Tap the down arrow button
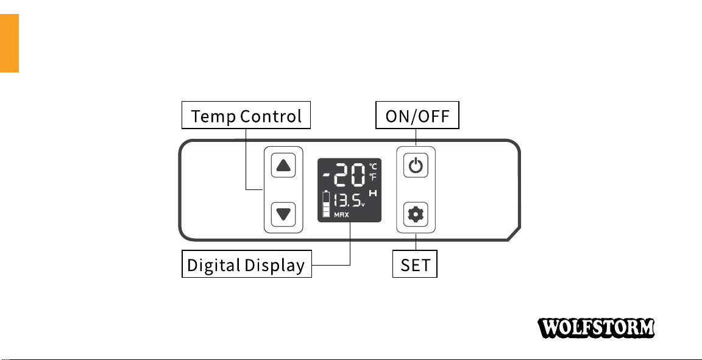[x=283, y=213]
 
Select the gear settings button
[x=416, y=213]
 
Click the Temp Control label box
[x=246, y=116]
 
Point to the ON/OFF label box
[x=417, y=116]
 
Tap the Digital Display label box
[x=247, y=265]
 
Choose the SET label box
[x=415, y=265]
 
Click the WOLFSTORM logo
[x=596, y=328]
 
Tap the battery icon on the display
[x=327, y=204]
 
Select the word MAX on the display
[x=341, y=215]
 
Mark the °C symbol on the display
[x=373, y=166]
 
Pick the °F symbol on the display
[x=373, y=177]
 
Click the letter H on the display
[x=373, y=194]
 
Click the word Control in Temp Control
[x=271, y=116]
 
